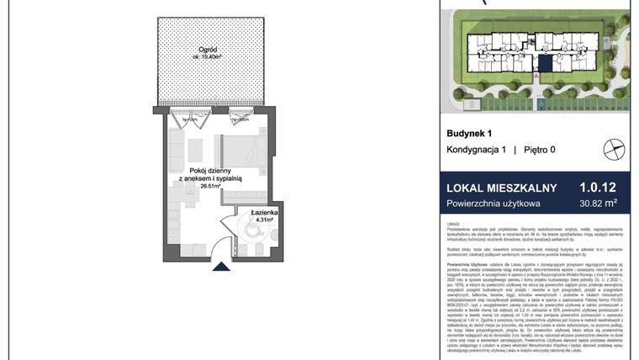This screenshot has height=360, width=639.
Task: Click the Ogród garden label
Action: coord(198,47)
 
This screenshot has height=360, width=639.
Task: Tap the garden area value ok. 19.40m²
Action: coord(198,57)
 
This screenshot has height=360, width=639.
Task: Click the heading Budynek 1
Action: coord(468,133)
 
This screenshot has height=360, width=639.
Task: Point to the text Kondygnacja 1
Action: coord(477,150)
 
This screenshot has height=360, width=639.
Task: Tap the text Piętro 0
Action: coord(539,150)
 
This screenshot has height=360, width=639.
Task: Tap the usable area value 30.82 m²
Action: coord(598,203)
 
